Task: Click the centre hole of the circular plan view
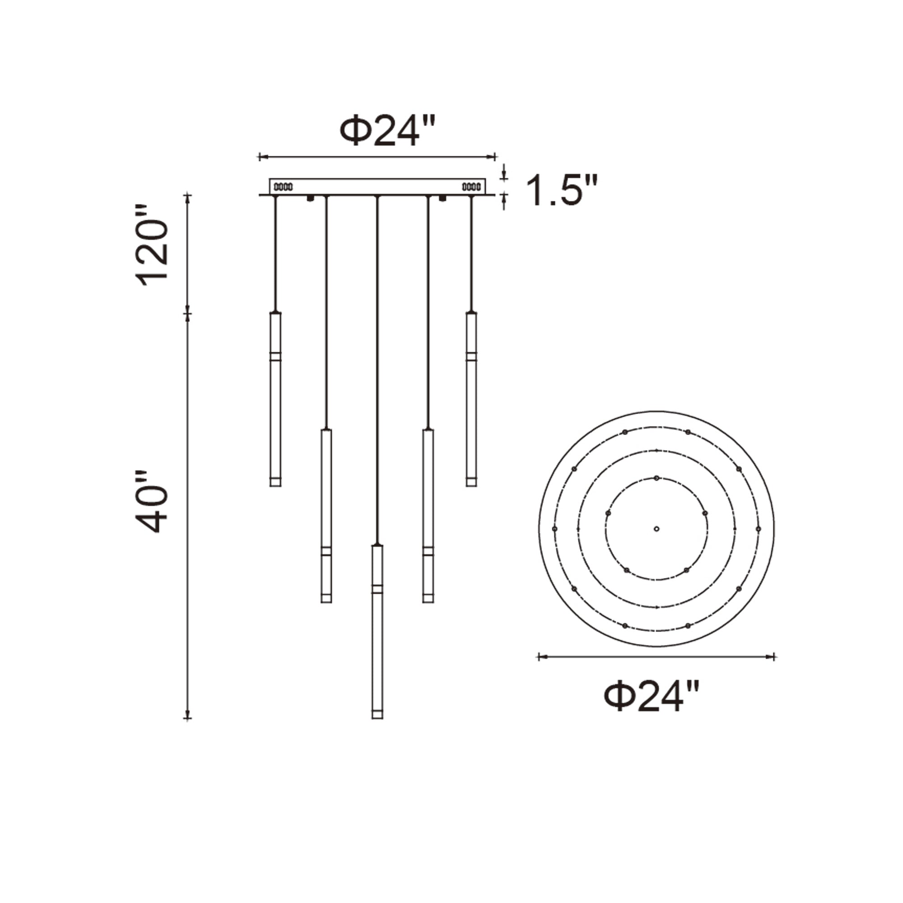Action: point(656,529)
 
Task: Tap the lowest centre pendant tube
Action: point(377,631)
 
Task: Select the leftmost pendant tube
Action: point(275,400)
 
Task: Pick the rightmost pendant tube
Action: point(471,400)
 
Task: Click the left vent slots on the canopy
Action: point(283,187)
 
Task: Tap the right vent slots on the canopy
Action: point(471,187)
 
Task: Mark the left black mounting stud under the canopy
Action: point(309,199)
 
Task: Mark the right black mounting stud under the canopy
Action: point(442,199)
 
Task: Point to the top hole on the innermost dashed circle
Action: point(656,478)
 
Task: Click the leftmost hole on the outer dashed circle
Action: point(555,529)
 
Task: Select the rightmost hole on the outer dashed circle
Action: point(758,529)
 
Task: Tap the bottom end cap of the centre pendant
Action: point(377,714)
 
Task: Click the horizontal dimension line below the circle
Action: point(656,656)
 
